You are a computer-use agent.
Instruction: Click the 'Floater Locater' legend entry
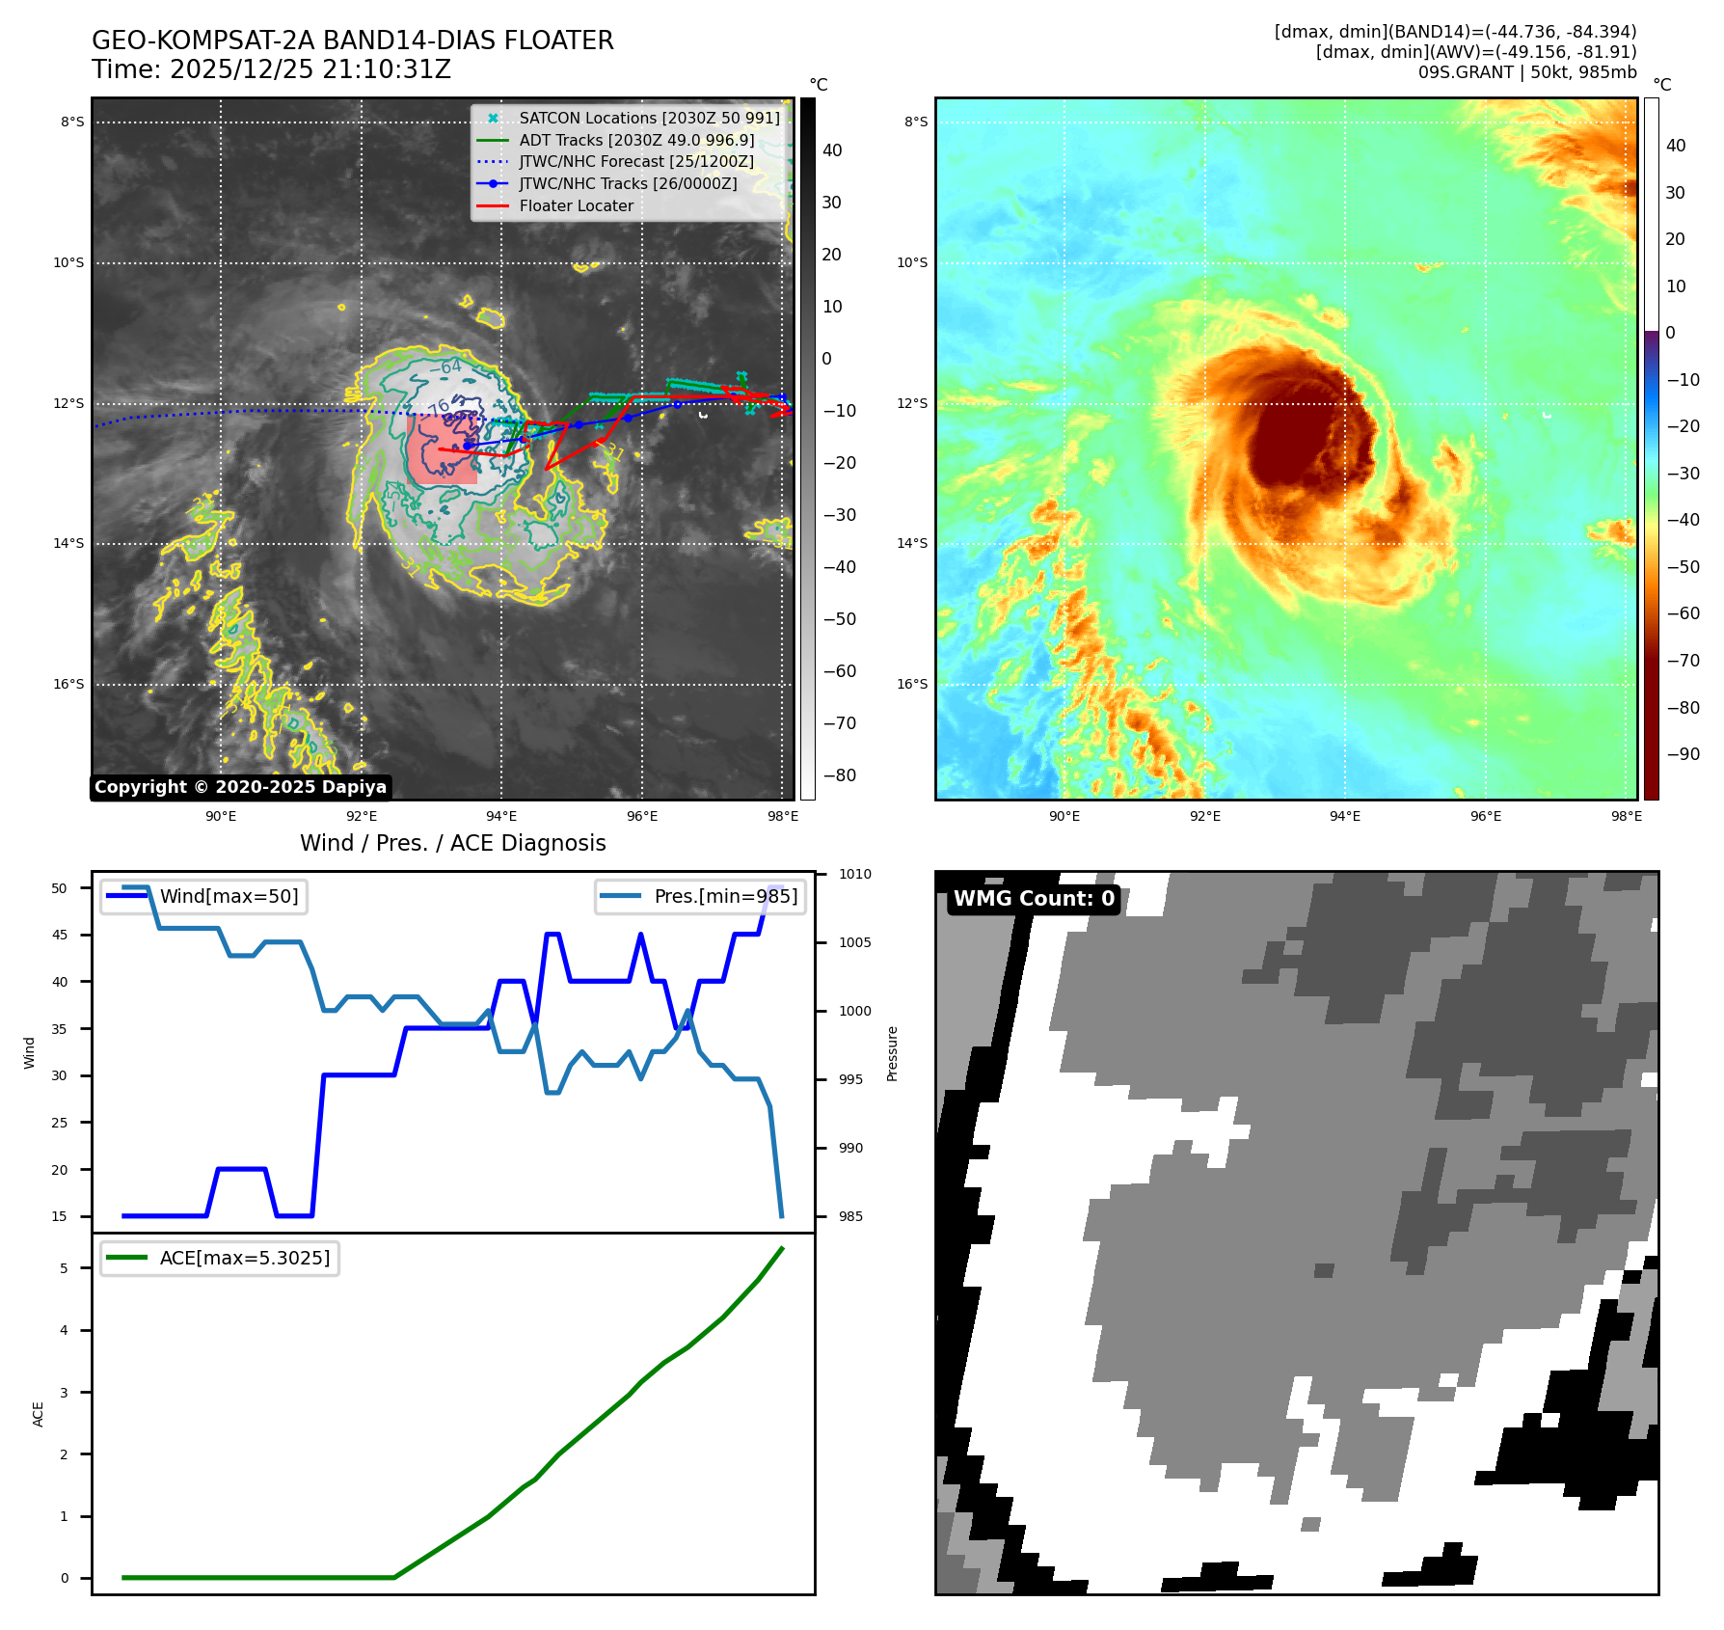[576, 205]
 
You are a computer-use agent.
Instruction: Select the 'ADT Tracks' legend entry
[636, 140]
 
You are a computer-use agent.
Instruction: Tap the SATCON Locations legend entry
[649, 118]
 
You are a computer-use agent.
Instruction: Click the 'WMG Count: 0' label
[1034, 899]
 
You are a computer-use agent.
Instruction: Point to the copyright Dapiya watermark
[240, 787]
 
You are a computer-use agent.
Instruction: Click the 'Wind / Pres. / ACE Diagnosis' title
[452, 843]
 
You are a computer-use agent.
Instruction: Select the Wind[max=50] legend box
[203, 896]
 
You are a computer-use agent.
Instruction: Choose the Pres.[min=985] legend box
[700, 896]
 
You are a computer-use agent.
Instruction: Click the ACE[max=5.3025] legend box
[220, 1258]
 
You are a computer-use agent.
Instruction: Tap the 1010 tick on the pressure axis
[854, 874]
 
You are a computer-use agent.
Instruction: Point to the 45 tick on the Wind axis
[60, 935]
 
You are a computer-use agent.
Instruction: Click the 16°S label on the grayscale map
[68, 684]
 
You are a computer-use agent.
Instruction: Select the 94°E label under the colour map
[1345, 816]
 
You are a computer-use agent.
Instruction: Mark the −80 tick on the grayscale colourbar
[839, 775]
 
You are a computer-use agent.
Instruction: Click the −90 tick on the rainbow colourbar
[1683, 754]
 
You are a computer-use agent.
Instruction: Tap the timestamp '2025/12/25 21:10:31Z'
[310, 69]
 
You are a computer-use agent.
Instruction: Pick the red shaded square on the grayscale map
[443, 449]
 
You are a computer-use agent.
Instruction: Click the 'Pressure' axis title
[892, 1053]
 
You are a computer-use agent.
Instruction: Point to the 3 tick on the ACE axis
[65, 1392]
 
